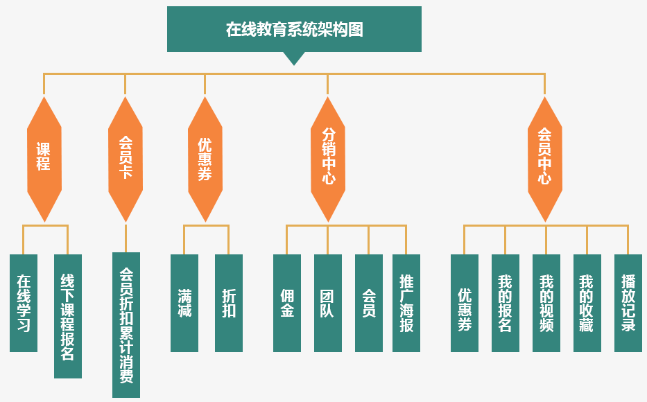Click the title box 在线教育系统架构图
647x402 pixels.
point(294,29)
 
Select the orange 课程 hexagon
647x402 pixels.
point(44,159)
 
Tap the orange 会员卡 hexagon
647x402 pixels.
point(126,159)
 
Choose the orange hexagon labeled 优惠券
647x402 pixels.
point(205,159)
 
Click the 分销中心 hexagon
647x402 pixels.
point(328,159)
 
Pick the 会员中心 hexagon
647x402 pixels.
point(545,159)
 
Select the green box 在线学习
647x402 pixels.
point(24,303)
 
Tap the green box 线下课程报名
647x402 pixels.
point(68,316)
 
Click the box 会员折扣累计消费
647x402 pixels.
point(126,325)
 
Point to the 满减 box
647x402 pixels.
point(184,303)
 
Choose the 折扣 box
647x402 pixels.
point(229,303)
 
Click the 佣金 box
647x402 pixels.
point(287,303)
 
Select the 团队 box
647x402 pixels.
point(328,303)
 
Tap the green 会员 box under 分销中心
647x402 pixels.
point(369,303)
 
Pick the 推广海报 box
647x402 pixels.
point(406,303)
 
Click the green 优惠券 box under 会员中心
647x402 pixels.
point(465,303)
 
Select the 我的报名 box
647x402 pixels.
point(506,303)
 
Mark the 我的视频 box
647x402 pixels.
point(546,303)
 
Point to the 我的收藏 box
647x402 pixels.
point(587,303)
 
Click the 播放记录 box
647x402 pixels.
point(628,303)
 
